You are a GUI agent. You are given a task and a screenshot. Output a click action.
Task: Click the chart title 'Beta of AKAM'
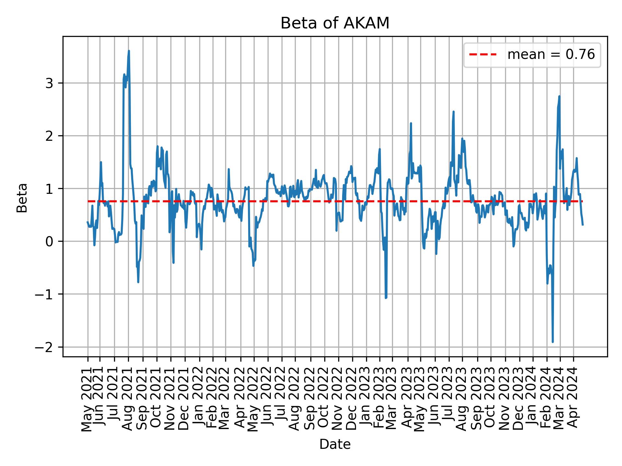tap(335, 23)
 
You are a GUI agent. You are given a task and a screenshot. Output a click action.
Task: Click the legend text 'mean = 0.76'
tap(551, 55)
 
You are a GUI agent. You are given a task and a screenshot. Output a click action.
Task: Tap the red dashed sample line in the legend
tap(483, 55)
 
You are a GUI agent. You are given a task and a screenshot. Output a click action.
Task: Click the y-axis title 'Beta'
tap(22, 198)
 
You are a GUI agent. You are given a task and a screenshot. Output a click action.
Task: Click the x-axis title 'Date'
tap(335, 444)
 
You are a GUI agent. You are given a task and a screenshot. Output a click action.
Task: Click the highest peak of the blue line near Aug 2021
tap(129, 51)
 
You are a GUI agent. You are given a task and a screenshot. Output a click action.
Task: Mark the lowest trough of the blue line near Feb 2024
tap(553, 342)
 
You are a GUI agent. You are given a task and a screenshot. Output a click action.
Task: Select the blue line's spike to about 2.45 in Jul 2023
tap(454, 112)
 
